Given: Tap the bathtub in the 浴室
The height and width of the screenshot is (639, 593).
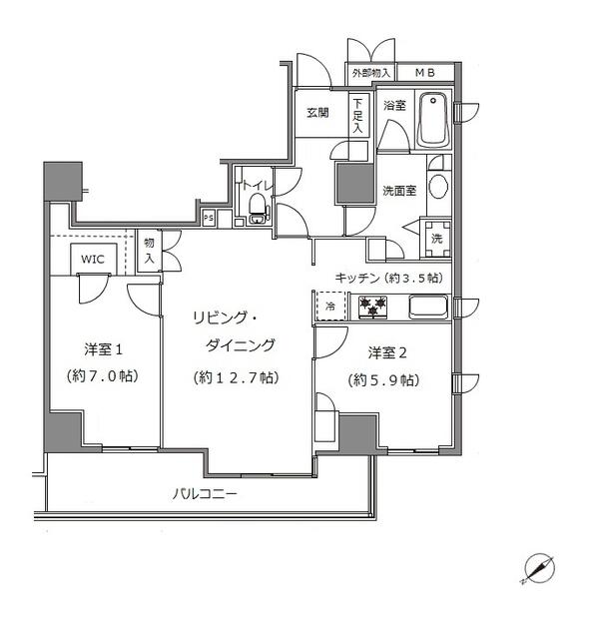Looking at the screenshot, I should point(432,118).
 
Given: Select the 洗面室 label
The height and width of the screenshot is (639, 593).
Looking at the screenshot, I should point(399,191).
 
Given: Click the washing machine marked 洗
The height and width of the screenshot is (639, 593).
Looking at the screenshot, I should point(435,238).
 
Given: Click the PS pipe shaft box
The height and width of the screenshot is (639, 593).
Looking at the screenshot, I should point(209,218).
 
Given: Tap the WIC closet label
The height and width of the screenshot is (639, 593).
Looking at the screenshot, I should point(93,259).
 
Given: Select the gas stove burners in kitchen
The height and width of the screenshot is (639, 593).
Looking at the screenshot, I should point(372,307).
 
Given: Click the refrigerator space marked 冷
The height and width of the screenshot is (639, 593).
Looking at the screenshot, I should point(329,307).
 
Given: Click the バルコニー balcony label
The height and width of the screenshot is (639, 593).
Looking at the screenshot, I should point(204,493).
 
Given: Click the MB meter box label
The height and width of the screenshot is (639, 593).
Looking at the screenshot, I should point(424,73).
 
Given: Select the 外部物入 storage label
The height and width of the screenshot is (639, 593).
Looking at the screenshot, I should point(370,73).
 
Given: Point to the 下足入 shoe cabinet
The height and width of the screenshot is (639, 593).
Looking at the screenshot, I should point(358,115).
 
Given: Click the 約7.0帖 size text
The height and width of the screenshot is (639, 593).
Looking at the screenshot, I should point(104,376).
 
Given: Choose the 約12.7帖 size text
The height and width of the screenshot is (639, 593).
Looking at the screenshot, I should point(236,377).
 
